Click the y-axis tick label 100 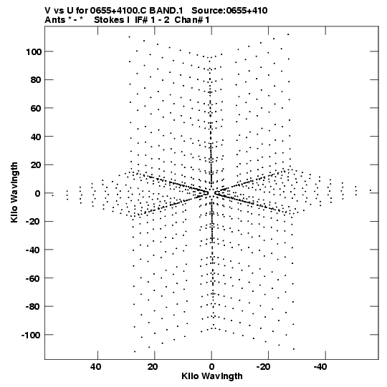point(33,52)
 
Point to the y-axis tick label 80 point(36,80)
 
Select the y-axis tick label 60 point(36,108)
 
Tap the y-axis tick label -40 point(33,250)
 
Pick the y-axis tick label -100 point(31,335)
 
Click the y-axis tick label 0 point(37,193)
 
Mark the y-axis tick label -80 point(33,307)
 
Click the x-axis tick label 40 point(96,367)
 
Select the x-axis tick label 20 point(153,367)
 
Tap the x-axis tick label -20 point(264,367)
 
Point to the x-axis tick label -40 point(320,367)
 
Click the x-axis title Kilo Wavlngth point(212,376)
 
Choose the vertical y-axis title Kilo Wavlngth point(14,192)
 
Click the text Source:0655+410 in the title point(229,11)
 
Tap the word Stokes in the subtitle point(109,20)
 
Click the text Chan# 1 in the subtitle point(192,20)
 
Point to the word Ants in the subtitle point(55,20)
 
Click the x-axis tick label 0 point(211,367)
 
